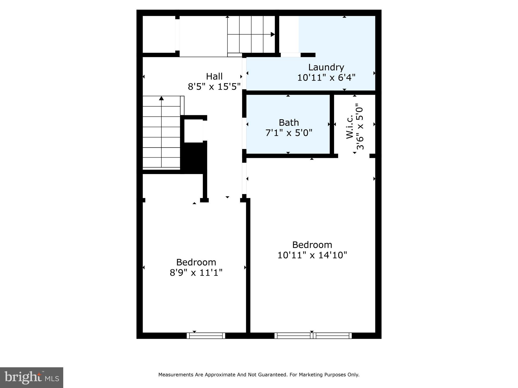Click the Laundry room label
click(326, 67)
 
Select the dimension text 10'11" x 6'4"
click(326, 78)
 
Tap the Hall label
click(214, 76)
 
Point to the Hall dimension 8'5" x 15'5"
click(214, 87)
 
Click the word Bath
click(289, 123)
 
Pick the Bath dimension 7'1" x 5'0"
click(289, 133)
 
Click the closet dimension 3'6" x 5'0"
click(360, 127)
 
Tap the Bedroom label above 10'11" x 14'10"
click(312, 245)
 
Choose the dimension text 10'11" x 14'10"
click(312, 255)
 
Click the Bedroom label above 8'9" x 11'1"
click(196, 262)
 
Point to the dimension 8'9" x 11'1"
click(196, 273)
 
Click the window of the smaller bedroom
click(206, 336)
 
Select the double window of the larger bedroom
click(313, 336)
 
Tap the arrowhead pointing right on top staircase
click(273, 34)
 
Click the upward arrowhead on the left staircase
click(161, 98)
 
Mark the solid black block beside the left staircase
click(194, 158)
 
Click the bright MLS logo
click(32, 377)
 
